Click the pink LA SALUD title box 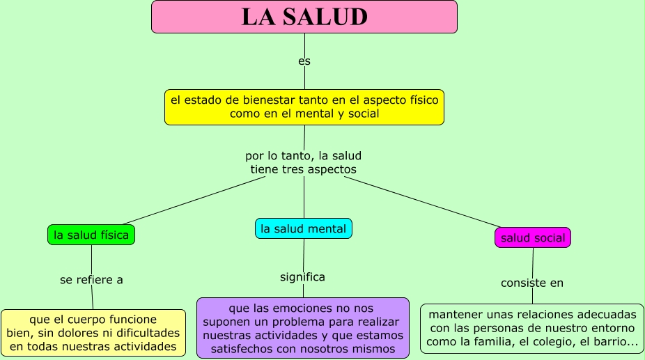pyautogui.click(x=304, y=17)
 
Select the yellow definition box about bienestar pyautogui.click(x=304, y=107)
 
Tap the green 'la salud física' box pyautogui.click(x=91, y=235)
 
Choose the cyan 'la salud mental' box pyautogui.click(x=303, y=228)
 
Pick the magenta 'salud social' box pyautogui.click(x=533, y=237)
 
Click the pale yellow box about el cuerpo pyautogui.click(x=93, y=333)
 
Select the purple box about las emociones pyautogui.click(x=302, y=327)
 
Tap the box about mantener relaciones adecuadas pyautogui.click(x=532, y=328)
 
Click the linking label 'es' pyautogui.click(x=304, y=61)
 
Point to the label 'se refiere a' pyautogui.click(x=91, y=280)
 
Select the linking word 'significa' pyautogui.click(x=302, y=277)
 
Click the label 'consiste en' pyautogui.click(x=532, y=283)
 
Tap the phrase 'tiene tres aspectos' pyautogui.click(x=303, y=169)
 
